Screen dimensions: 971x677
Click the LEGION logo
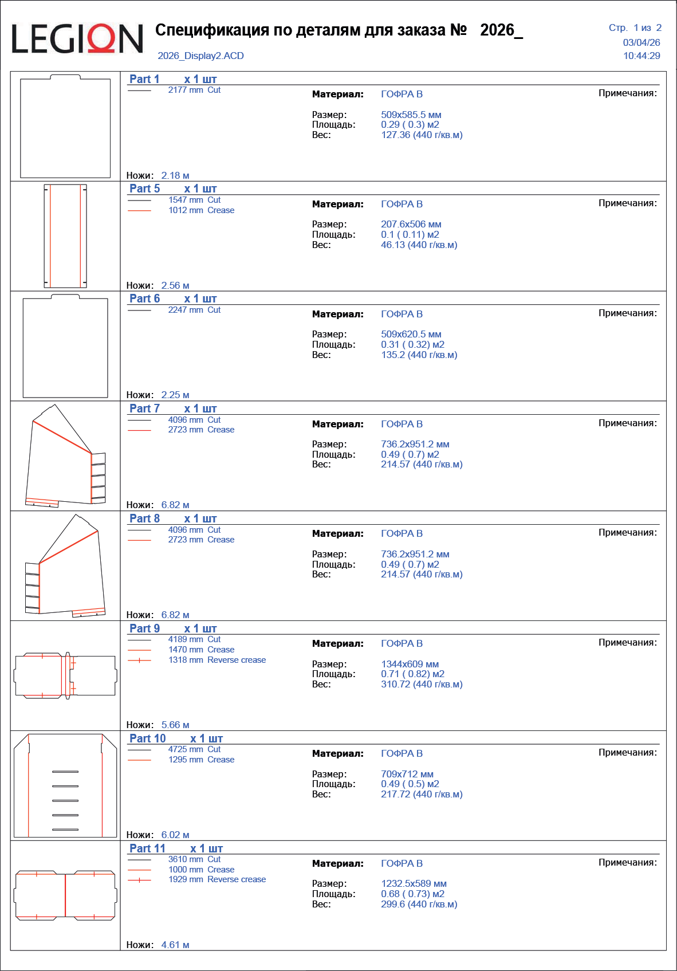[x=77, y=38]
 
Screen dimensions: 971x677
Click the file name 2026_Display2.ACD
[x=200, y=56]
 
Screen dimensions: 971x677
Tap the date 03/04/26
[x=641, y=42]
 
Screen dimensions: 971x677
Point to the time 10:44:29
[x=641, y=56]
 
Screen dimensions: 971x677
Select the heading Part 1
[x=144, y=79]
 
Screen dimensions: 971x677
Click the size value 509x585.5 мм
[x=411, y=115]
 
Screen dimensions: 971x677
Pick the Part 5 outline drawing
[x=65, y=236]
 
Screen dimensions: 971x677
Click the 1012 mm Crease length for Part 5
[x=201, y=210]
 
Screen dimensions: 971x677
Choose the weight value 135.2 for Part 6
[x=419, y=355]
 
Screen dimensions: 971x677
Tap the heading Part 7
[x=144, y=408]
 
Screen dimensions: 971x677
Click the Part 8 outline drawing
[x=65, y=566]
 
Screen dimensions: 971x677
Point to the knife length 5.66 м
[x=175, y=725]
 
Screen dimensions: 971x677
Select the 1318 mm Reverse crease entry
[x=217, y=660]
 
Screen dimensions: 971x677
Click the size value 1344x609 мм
[x=410, y=664]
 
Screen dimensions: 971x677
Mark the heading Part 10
[x=147, y=738]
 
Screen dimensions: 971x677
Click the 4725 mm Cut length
[x=194, y=749]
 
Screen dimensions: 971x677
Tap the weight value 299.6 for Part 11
[x=419, y=904]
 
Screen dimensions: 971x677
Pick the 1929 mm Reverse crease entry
[x=217, y=879]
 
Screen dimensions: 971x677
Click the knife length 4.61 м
[x=175, y=945]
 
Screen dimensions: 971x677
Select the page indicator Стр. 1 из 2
[x=635, y=27]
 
